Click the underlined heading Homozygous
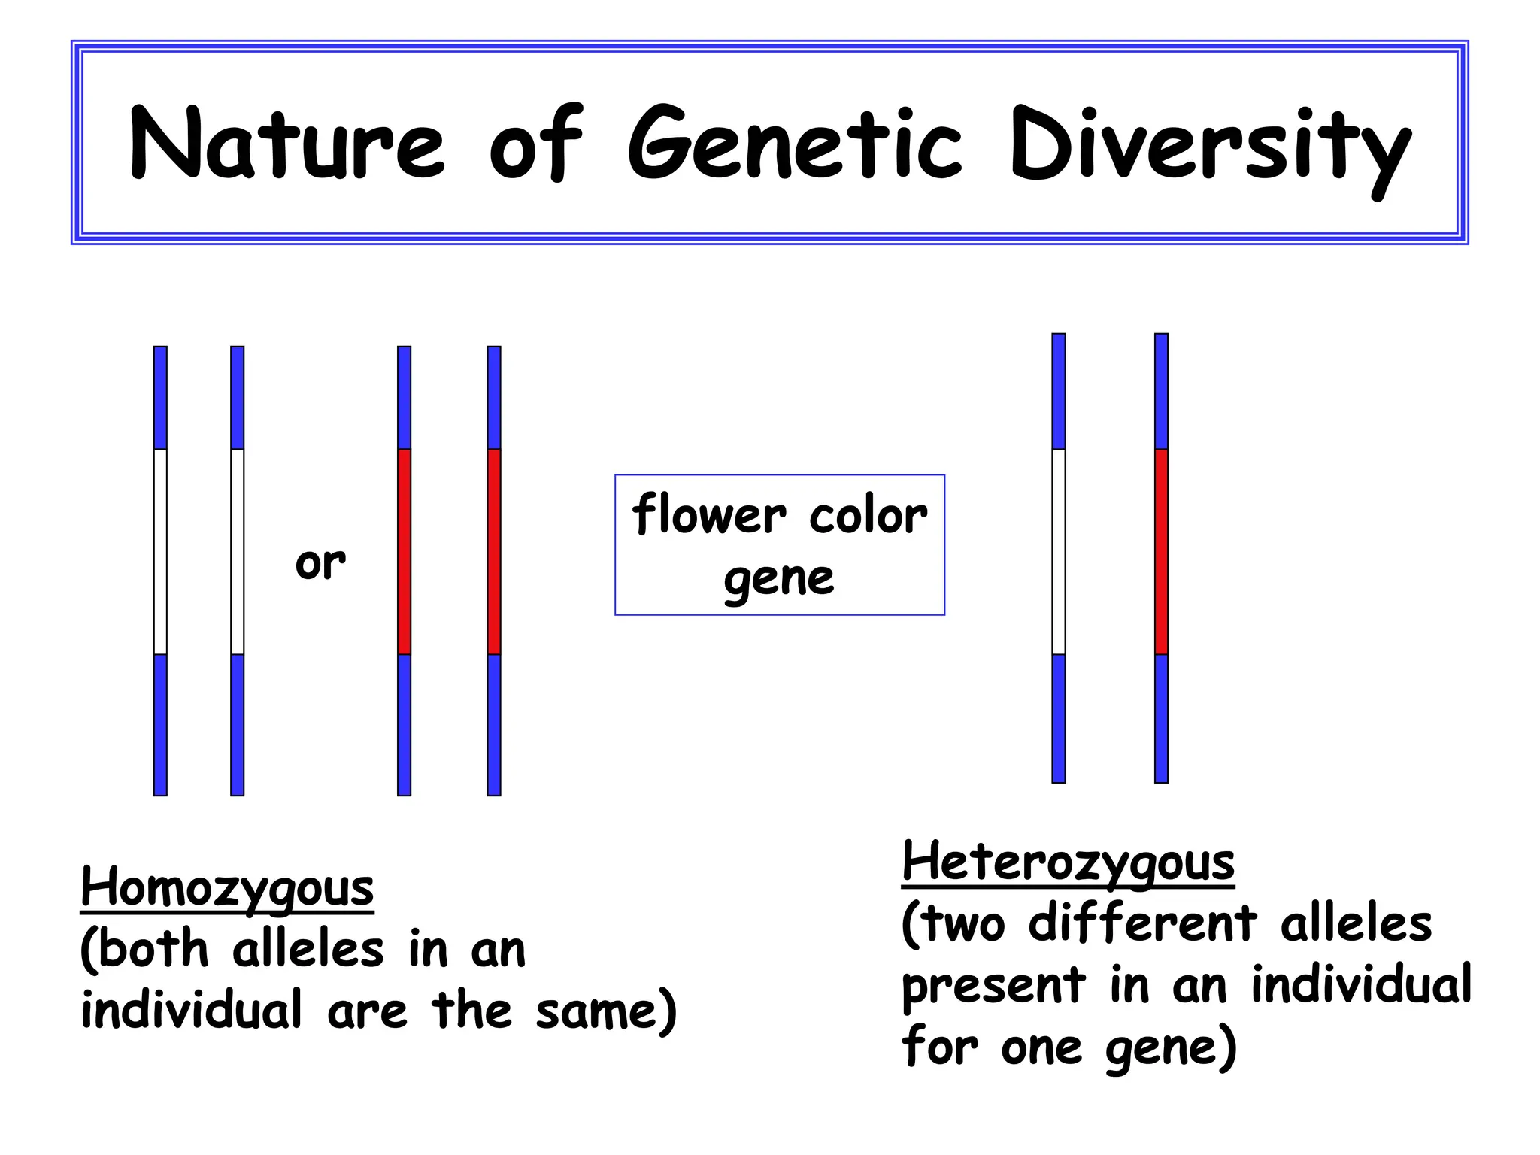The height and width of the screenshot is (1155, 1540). [x=227, y=887]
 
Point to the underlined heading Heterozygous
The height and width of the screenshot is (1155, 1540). [x=1068, y=862]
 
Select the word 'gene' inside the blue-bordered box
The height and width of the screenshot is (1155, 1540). [x=779, y=579]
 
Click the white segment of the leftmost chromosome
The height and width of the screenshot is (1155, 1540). [x=160, y=551]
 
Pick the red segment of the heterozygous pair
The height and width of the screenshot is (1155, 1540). [x=1161, y=551]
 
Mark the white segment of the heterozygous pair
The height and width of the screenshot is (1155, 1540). [x=1059, y=551]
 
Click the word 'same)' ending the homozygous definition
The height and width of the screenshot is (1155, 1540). [x=606, y=1011]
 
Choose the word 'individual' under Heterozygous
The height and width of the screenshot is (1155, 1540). [x=1361, y=984]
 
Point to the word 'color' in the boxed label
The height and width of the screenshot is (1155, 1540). [x=868, y=517]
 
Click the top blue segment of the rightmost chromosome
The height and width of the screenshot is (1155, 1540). [x=1161, y=391]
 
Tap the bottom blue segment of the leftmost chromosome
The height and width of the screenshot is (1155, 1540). [x=160, y=724]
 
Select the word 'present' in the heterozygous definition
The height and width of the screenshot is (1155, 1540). [x=993, y=986]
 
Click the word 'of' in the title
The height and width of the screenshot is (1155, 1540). [x=535, y=143]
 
